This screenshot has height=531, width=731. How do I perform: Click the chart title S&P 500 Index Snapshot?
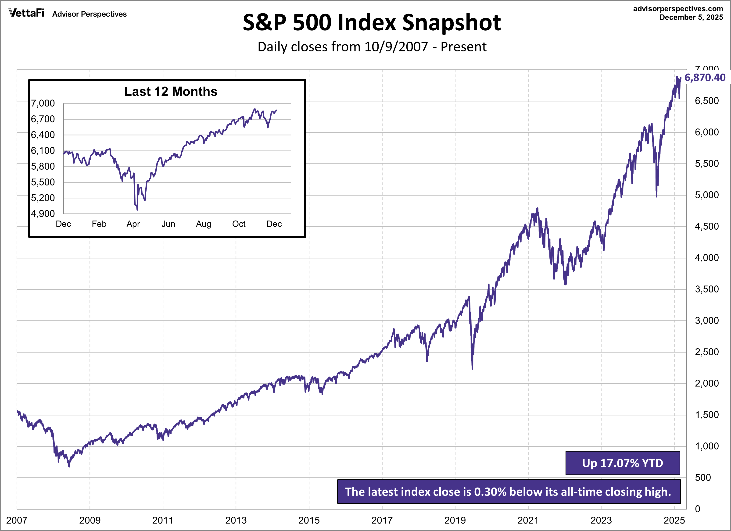pyautogui.click(x=372, y=23)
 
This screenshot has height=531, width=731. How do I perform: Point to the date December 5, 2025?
pyautogui.click(x=691, y=17)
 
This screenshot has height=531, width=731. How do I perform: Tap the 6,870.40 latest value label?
pyautogui.click(x=705, y=78)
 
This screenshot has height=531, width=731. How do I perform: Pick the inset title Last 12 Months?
pyautogui.click(x=171, y=92)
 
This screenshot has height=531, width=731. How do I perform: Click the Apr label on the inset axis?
pyautogui.click(x=133, y=224)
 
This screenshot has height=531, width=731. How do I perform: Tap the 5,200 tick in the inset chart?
pyautogui.click(x=43, y=198)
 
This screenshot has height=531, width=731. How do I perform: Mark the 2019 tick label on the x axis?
pyautogui.click(x=455, y=520)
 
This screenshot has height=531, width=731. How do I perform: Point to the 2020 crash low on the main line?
pyautogui.click(x=472, y=368)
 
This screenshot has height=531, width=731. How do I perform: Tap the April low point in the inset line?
pyautogui.click(x=137, y=210)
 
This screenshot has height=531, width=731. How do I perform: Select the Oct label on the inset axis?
pyautogui.click(x=239, y=224)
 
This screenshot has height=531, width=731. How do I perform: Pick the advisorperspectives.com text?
pyautogui.click(x=678, y=9)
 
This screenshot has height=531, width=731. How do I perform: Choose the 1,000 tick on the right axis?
pyautogui.click(x=706, y=446)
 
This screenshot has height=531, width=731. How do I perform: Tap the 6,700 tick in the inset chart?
pyautogui.click(x=43, y=119)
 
